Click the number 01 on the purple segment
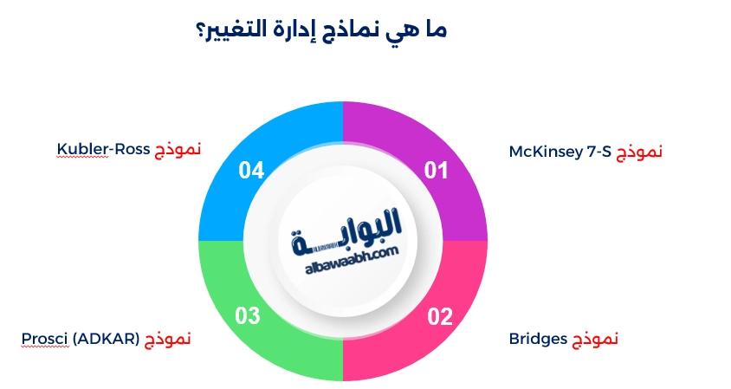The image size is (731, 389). pyautogui.click(x=437, y=171)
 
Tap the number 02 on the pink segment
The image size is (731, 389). pyautogui.click(x=440, y=316)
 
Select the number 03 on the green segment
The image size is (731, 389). pyautogui.click(x=248, y=316)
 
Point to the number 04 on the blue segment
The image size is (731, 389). pyautogui.click(x=251, y=171)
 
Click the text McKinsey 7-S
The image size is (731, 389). pyautogui.click(x=560, y=152)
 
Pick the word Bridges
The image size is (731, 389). pyautogui.click(x=537, y=338)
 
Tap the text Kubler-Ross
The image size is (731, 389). pyautogui.click(x=104, y=149)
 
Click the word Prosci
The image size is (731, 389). pyautogui.click(x=44, y=338)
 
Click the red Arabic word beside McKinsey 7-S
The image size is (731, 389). pyautogui.click(x=639, y=152)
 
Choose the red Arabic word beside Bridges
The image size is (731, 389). pyautogui.click(x=595, y=338)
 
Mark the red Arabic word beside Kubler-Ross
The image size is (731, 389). pyautogui.click(x=178, y=149)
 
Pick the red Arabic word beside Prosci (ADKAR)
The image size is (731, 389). pyautogui.click(x=167, y=338)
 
